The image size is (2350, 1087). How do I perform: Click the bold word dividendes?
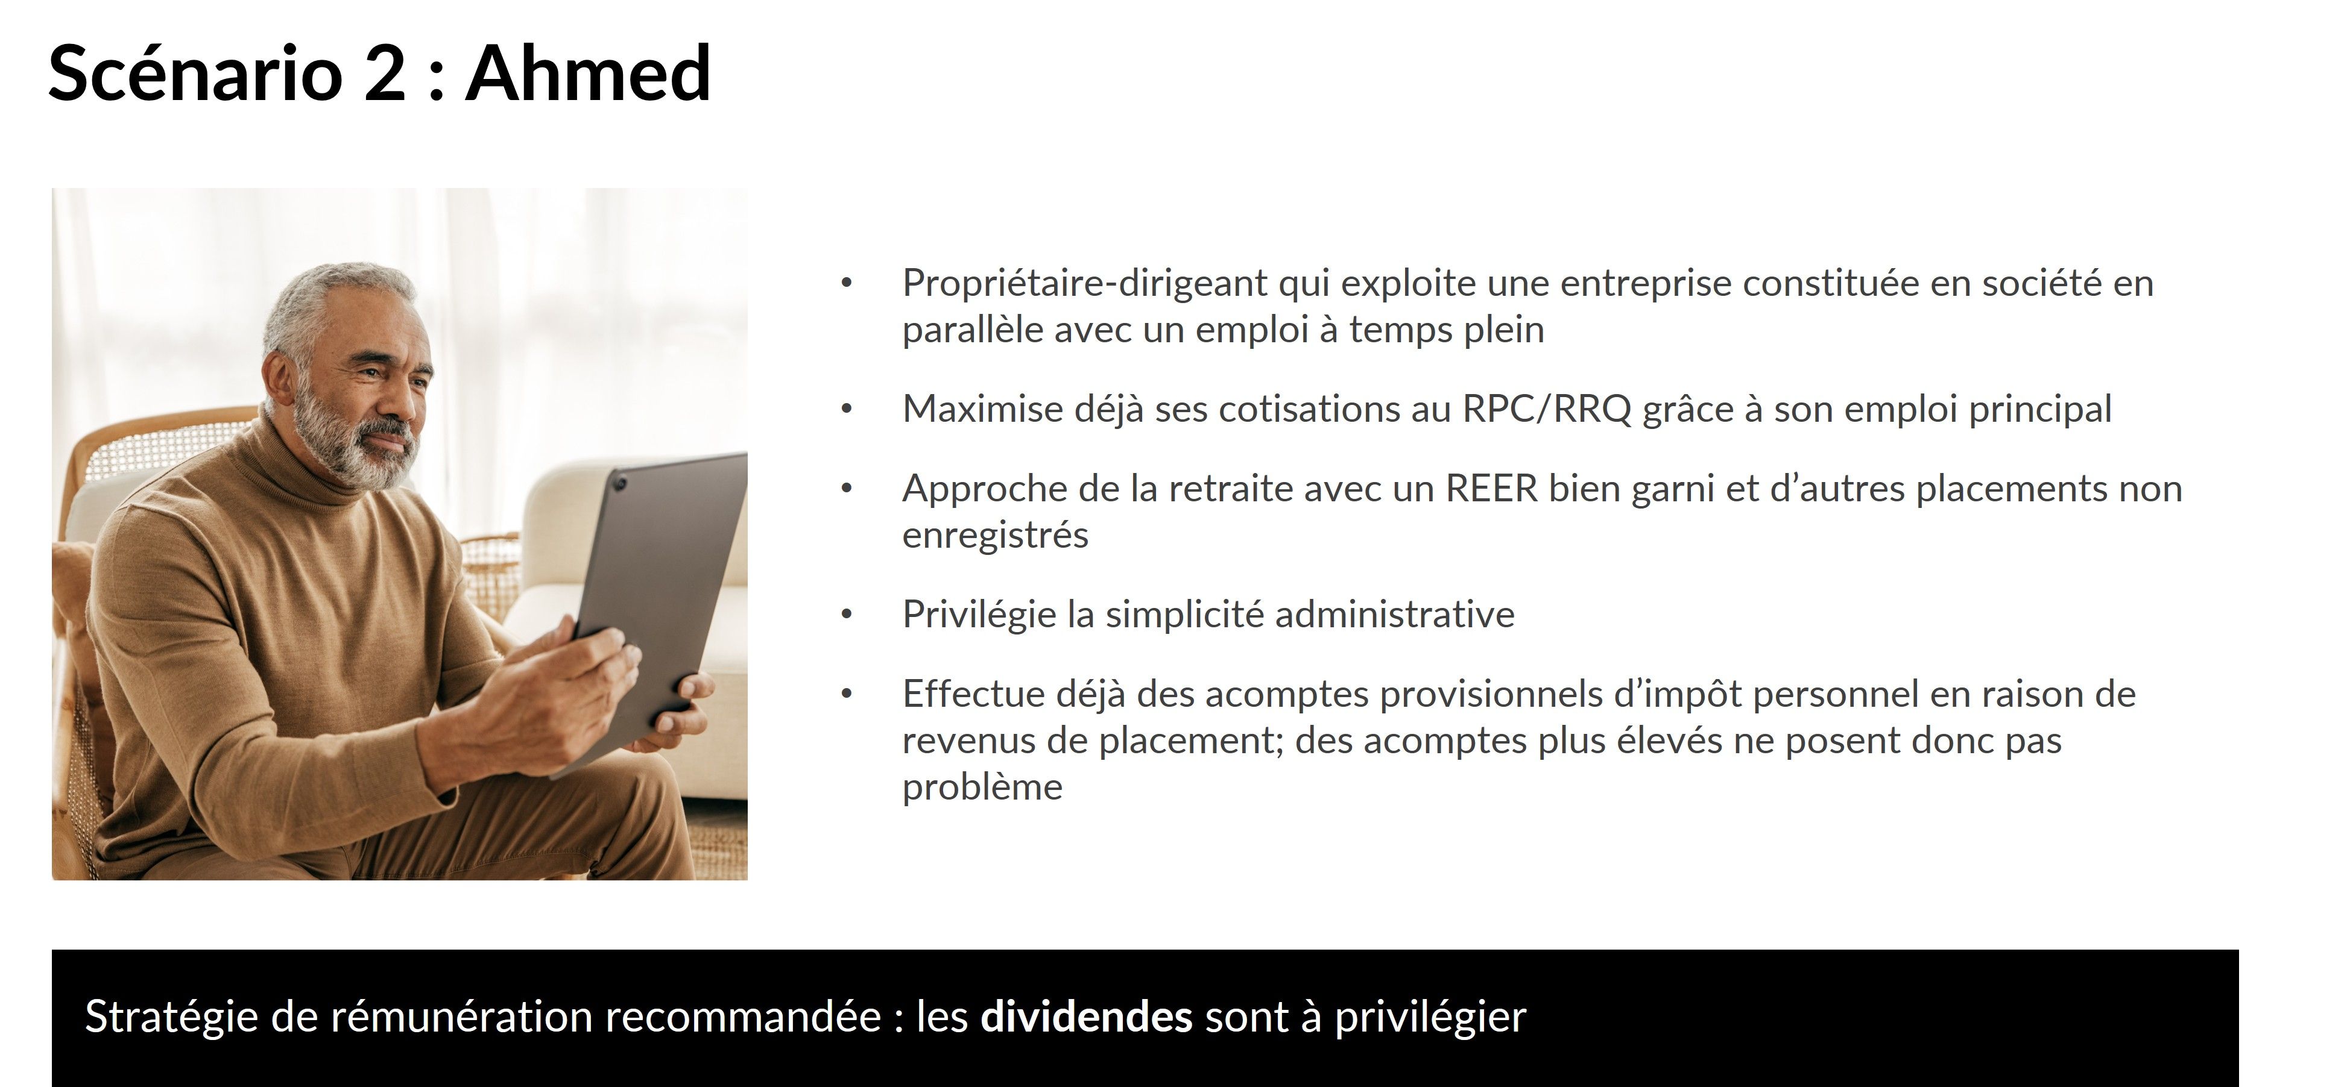(x=1085, y=1016)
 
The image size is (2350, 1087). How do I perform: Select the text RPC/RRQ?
(x=1546, y=410)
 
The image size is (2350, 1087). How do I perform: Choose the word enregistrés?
(x=995, y=535)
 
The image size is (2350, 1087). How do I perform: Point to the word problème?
(x=982, y=787)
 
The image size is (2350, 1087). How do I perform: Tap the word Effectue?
(x=973, y=694)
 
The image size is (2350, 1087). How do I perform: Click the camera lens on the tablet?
(x=621, y=481)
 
